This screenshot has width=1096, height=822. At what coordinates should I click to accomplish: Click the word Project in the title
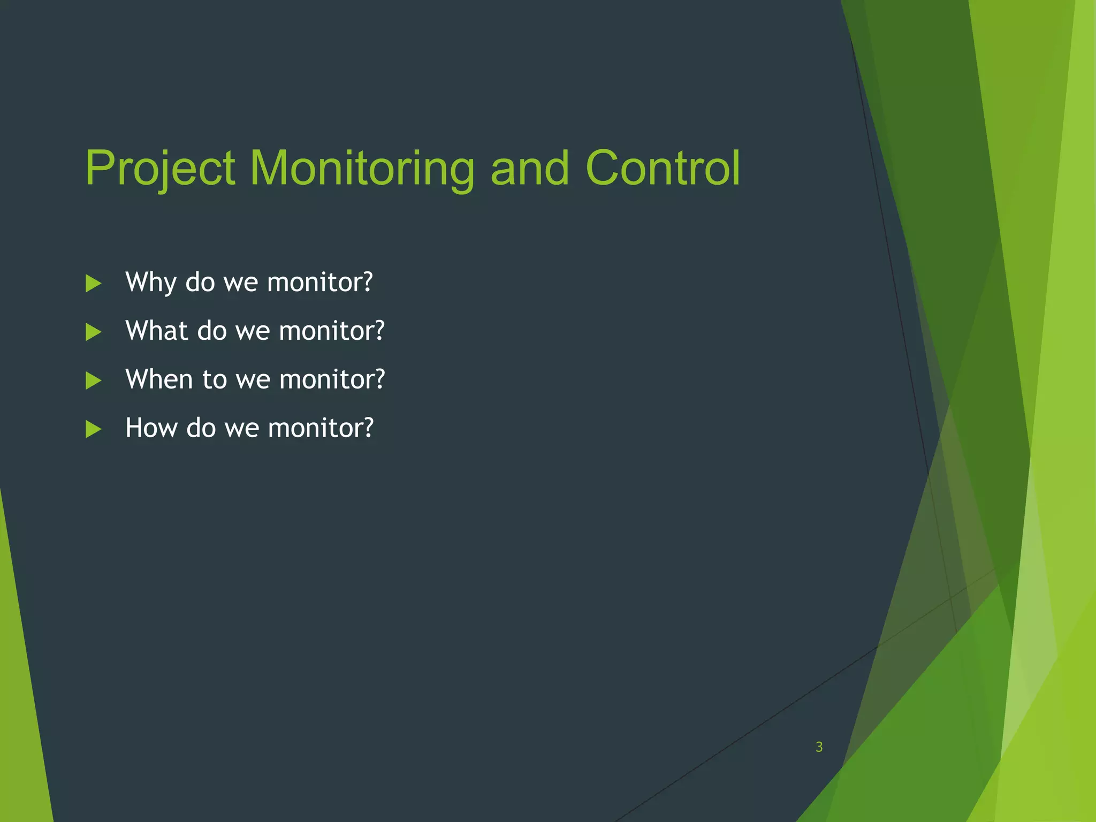tap(159, 169)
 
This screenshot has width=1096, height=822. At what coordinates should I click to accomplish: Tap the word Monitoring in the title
tap(362, 169)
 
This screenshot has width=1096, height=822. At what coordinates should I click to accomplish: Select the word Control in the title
tap(663, 169)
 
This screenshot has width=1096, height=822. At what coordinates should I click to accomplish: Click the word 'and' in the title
tap(529, 169)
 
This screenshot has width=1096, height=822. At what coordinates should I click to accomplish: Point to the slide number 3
tap(819, 747)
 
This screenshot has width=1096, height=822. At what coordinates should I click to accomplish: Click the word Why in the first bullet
tap(150, 283)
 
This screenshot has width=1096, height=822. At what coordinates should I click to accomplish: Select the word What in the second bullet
tap(156, 331)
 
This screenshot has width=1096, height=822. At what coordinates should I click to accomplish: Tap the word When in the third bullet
tap(158, 379)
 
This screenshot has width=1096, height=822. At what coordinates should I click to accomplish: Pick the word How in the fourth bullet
tap(151, 428)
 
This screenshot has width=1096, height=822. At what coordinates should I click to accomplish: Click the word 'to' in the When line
tap(215, 379)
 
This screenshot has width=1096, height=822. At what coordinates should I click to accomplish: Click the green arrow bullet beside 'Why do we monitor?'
tap(93, 284)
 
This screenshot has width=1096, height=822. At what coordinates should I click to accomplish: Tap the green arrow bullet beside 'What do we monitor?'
tap(93, 332)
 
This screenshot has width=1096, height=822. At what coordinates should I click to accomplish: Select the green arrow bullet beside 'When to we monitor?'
tap(93, 380)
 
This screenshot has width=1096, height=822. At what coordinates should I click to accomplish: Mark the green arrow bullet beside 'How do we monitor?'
tap(93, 429)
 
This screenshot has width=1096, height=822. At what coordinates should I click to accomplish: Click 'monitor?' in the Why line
tap(319, 283)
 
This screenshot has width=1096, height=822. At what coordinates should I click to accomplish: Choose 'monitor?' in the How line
tap(320, 428)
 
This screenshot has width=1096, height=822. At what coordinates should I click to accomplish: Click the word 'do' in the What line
tap(212, 331)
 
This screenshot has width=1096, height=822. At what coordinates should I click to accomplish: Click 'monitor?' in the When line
tap(332, 379)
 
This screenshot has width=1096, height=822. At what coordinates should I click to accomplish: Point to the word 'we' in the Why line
tap(240, 283)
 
